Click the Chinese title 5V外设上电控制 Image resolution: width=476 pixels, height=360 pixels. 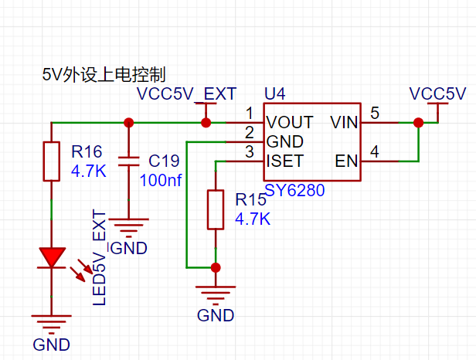[104, 75]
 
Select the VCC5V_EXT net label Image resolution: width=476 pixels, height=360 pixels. [186, 93]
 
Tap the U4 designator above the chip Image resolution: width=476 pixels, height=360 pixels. [275, 93]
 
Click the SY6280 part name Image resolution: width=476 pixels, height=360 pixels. [294, 190]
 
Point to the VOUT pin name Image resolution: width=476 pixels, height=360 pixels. [290, 122]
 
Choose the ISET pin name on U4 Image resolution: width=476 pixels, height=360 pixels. [285, 161]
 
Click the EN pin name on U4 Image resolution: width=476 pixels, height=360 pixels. [346, 161]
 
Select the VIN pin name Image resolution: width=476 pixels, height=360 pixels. [344, 122]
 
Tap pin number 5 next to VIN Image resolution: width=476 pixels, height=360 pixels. [375, 113]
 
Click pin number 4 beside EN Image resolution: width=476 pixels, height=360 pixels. [375, 151]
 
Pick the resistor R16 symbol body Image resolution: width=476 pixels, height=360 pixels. [51, 161]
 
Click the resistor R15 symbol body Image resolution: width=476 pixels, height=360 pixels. [216, 209]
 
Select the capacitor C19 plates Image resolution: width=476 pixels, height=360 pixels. [128, 161]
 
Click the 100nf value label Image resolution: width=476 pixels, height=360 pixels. [161, 180]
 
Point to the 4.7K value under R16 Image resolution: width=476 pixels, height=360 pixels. [89, 172]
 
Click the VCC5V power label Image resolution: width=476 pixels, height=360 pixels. [437, 93]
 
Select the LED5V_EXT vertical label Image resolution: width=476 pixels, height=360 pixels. [99, 257]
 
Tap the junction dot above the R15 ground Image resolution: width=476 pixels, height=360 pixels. [216, 268]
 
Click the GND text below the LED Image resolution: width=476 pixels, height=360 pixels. [51, 345]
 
